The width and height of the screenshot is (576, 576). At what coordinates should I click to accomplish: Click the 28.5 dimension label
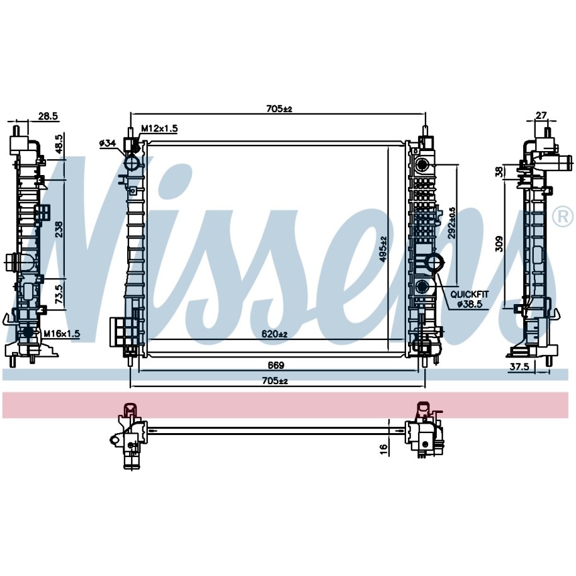(48, 116)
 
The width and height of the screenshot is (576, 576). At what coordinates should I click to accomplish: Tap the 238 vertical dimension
(59, 229)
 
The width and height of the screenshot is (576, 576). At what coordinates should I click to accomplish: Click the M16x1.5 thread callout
(61, 334)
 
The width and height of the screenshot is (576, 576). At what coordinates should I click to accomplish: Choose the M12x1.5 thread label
(159, 128)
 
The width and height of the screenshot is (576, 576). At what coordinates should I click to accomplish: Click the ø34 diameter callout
(107, 144)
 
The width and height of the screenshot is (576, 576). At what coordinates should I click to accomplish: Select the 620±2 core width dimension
(274, 334)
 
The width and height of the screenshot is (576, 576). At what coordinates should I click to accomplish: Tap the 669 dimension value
(276, 365)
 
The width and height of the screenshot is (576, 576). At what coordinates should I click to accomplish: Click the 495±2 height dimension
(383, 249)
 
